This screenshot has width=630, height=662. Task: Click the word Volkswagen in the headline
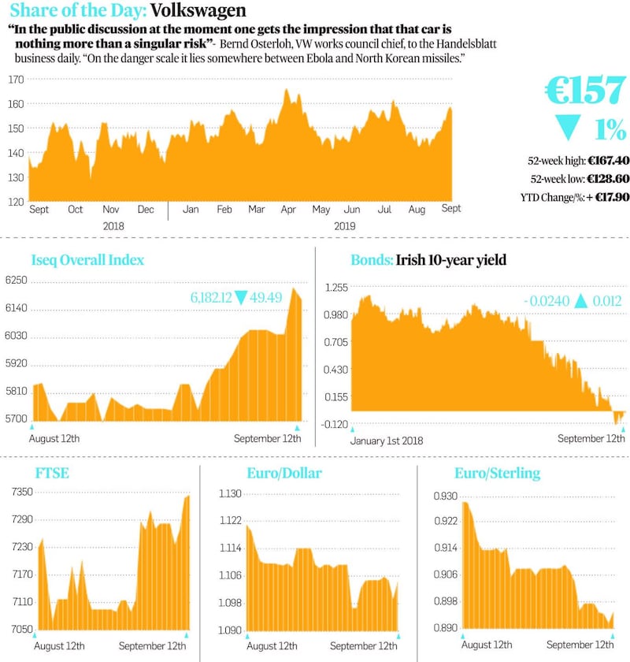pyautogui.click(x=198, y=11)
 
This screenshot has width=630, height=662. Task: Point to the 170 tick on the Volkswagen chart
pyautogui.click(x=15, y=80)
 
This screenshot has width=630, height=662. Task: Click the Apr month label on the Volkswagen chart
pyautogui.click(x=288, y=210)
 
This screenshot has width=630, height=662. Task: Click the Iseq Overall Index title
pyautogui.click(x=87, y=260)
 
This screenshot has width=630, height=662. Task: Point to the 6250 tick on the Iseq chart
pyautogui.click(x=17, y=281)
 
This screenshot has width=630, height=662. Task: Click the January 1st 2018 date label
pyautogui.click(x=387, y=441)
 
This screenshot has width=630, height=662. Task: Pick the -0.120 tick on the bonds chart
pyautogui.click(x=335, y=424)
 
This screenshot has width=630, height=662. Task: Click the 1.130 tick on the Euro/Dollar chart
pyautogui.click(x=230, y=494)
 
